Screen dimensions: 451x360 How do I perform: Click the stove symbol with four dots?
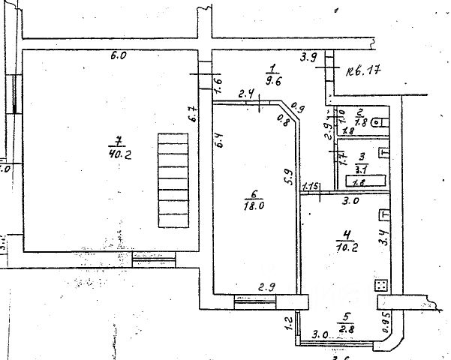click(380, 286)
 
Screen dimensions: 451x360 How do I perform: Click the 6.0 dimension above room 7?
click(118, 55)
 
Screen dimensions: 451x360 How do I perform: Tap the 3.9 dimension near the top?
click(308, 57)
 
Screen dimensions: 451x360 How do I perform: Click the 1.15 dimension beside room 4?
click(312, 186)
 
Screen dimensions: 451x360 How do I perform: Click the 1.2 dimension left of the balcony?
click(287, 324)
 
